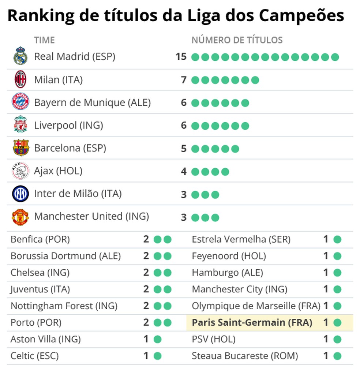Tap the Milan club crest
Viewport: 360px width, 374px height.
(20, 79)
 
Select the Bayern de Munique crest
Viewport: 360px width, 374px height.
(20, 102)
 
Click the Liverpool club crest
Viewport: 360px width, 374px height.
(20, 125)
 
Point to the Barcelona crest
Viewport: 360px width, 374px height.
(20, 148)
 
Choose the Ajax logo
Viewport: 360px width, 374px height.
(20, 171)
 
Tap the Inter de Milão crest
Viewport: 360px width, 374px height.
(20, 194)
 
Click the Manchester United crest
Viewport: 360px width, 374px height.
(20, 217)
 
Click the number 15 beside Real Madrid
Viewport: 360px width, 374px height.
(181, 57)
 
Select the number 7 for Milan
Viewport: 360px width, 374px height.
(184, 80)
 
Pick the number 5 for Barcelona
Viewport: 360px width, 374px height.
(184, 149)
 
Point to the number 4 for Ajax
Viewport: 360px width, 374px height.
(184, 171)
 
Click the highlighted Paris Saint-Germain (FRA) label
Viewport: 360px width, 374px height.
(252, 323)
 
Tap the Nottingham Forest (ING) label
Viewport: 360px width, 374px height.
(64, 306)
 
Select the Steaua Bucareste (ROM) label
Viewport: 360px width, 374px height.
(245, 356)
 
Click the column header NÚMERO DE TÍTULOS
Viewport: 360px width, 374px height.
(237, 40)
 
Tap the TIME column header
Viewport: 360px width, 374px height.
(44, 40)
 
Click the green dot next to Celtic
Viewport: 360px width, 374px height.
(157, 356)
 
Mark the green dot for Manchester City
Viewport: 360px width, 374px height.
(337, 289)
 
